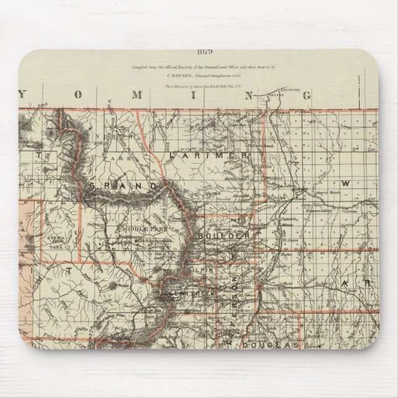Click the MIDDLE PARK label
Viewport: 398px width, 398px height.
(x=138, y=228)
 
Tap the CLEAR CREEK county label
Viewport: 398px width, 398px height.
(x=185, y=295)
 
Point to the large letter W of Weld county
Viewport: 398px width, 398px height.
(x=346, y=184)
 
